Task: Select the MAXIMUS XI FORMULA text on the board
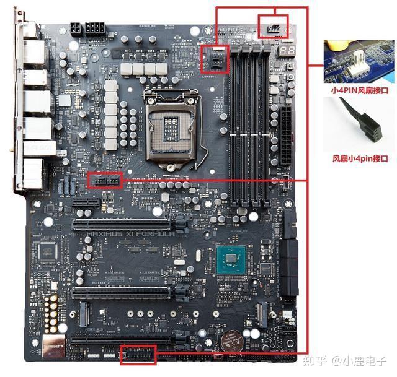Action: point(127,234)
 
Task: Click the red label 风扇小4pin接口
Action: point(359,158)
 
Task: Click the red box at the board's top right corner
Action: point(273,26)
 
